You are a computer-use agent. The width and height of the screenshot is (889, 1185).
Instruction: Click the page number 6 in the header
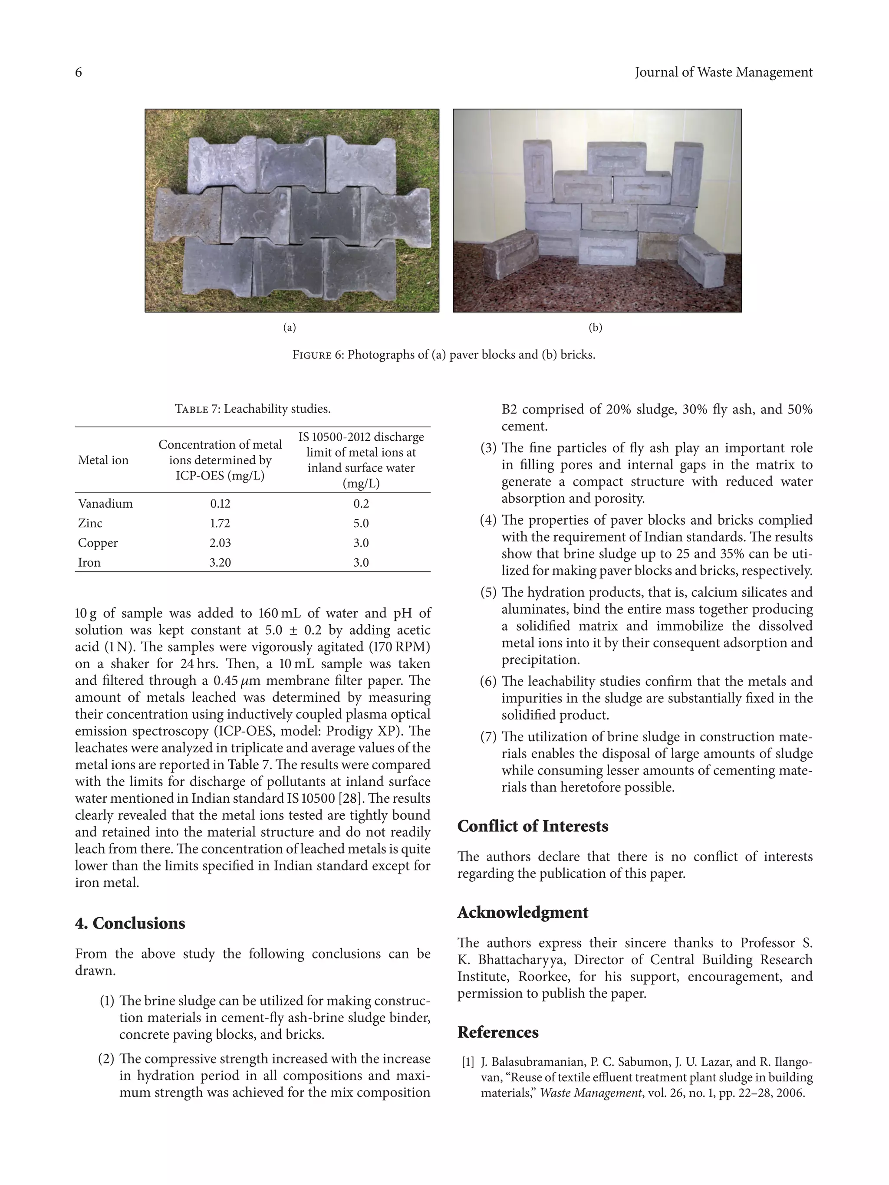78,72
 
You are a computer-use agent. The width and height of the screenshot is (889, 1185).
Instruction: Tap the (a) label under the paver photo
290,327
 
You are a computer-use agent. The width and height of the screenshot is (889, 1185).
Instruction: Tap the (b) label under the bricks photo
596,327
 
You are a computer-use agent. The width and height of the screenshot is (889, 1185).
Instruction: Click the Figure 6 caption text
444,355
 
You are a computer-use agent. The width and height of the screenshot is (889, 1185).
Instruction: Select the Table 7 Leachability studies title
252,409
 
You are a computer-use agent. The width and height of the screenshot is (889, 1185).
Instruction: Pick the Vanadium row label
105,504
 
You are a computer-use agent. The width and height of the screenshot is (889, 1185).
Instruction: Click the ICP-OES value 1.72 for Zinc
220,523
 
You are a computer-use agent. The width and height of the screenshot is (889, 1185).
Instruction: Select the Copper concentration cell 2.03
220,543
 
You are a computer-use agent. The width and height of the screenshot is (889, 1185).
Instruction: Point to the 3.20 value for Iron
220,562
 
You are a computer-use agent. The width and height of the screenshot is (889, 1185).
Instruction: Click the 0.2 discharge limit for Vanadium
361,504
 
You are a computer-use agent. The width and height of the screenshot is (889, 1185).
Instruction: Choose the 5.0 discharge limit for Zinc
361,523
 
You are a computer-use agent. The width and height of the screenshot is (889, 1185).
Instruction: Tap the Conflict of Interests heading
533,826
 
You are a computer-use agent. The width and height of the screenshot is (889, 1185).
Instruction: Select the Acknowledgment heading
523,913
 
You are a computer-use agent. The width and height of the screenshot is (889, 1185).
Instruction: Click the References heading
498,1032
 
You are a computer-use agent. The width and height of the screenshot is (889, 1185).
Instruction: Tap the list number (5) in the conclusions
488,593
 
